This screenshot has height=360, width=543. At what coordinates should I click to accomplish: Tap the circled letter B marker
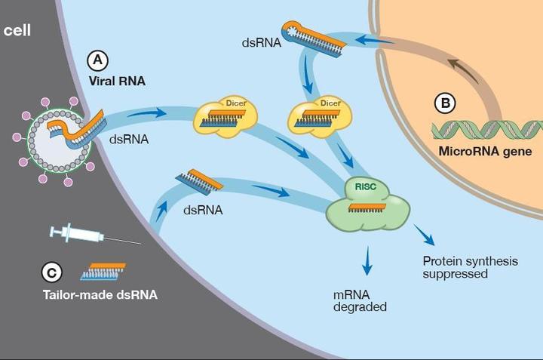click(446, 102)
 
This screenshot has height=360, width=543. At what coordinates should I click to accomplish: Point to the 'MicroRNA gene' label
click(485, 151)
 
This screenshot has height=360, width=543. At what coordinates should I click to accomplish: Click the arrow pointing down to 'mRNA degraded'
click(367, 261)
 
